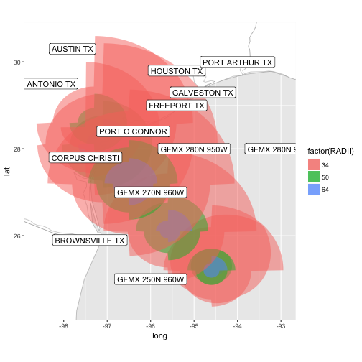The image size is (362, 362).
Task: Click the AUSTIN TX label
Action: coord(73,49)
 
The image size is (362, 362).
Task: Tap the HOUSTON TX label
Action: coord(177,71)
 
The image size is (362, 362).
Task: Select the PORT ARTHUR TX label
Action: coord(237,62)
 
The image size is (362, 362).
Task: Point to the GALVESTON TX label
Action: coord(203,93)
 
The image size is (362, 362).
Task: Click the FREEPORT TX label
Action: coord(177,106)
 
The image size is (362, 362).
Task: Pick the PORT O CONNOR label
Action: coord(133,131)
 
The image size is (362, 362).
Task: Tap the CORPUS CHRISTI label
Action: coord(85,157)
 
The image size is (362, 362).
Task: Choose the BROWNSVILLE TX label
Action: coord(90,241)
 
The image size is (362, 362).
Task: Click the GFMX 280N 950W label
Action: coord(193,149)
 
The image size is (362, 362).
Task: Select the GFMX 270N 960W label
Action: coord(151,192)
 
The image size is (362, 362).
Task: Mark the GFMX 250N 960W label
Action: coord(151,279)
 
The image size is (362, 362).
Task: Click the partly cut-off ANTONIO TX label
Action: coord(51,84)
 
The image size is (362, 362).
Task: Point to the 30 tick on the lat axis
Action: coord(17,62)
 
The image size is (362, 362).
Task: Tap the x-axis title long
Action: coord(159,335)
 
